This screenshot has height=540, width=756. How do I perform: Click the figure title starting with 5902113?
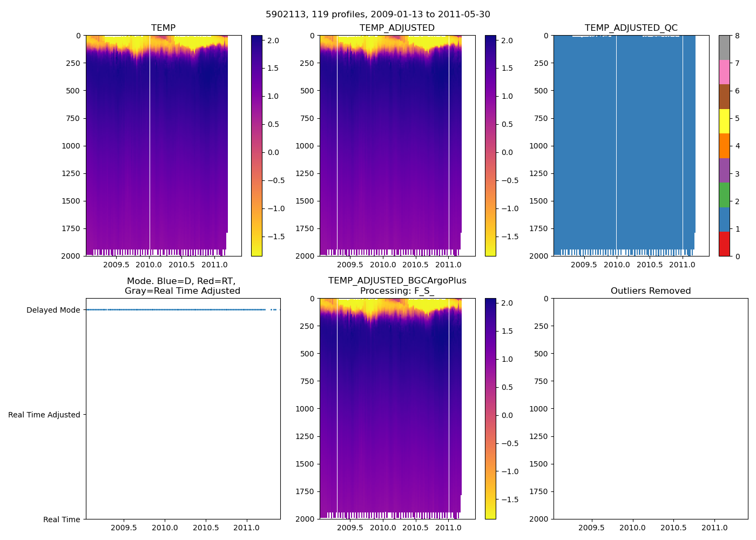coord(378,15)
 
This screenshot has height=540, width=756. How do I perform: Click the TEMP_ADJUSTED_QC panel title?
coord(631,28)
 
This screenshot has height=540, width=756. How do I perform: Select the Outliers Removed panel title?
coord(651,291)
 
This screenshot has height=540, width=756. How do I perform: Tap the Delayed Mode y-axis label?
coord(53,310)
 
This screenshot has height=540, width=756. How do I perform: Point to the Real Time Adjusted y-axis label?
coord(44,415)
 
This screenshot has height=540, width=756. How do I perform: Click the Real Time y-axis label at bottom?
coord(62,519)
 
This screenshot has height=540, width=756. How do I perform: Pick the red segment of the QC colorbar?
coord(724,244)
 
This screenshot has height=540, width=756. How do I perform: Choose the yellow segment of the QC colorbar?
coord(724,121)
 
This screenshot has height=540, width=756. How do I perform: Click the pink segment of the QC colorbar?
coord(724,72)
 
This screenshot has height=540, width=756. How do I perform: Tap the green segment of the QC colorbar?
coord(724,194)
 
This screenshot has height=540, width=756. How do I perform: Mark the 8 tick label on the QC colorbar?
coord(738,36)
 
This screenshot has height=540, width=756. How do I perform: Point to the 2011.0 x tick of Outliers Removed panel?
coord(714,528)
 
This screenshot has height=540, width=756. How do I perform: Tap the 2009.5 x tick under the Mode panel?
coord(124,528)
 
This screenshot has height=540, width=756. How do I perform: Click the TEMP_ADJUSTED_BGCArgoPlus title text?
coord(397,281)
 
